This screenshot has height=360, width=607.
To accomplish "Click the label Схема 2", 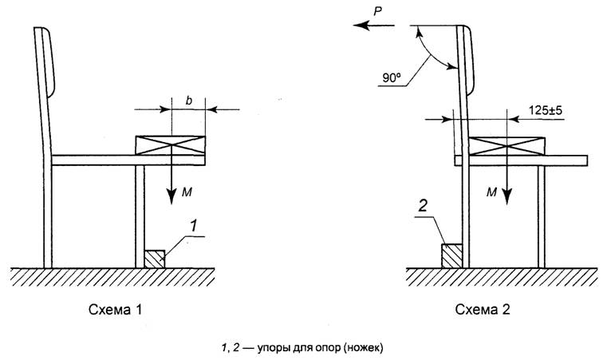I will click(482, 308).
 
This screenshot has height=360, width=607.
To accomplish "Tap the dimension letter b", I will click(187, 100).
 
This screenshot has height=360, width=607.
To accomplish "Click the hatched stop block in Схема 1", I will click(154, 258).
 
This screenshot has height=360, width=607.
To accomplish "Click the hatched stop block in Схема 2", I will click(451, 256).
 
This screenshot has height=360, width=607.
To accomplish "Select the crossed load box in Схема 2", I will click(506, 145).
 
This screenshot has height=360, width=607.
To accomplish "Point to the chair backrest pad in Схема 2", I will click(469, 64).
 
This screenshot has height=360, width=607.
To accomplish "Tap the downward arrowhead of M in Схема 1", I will click(169, 197).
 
